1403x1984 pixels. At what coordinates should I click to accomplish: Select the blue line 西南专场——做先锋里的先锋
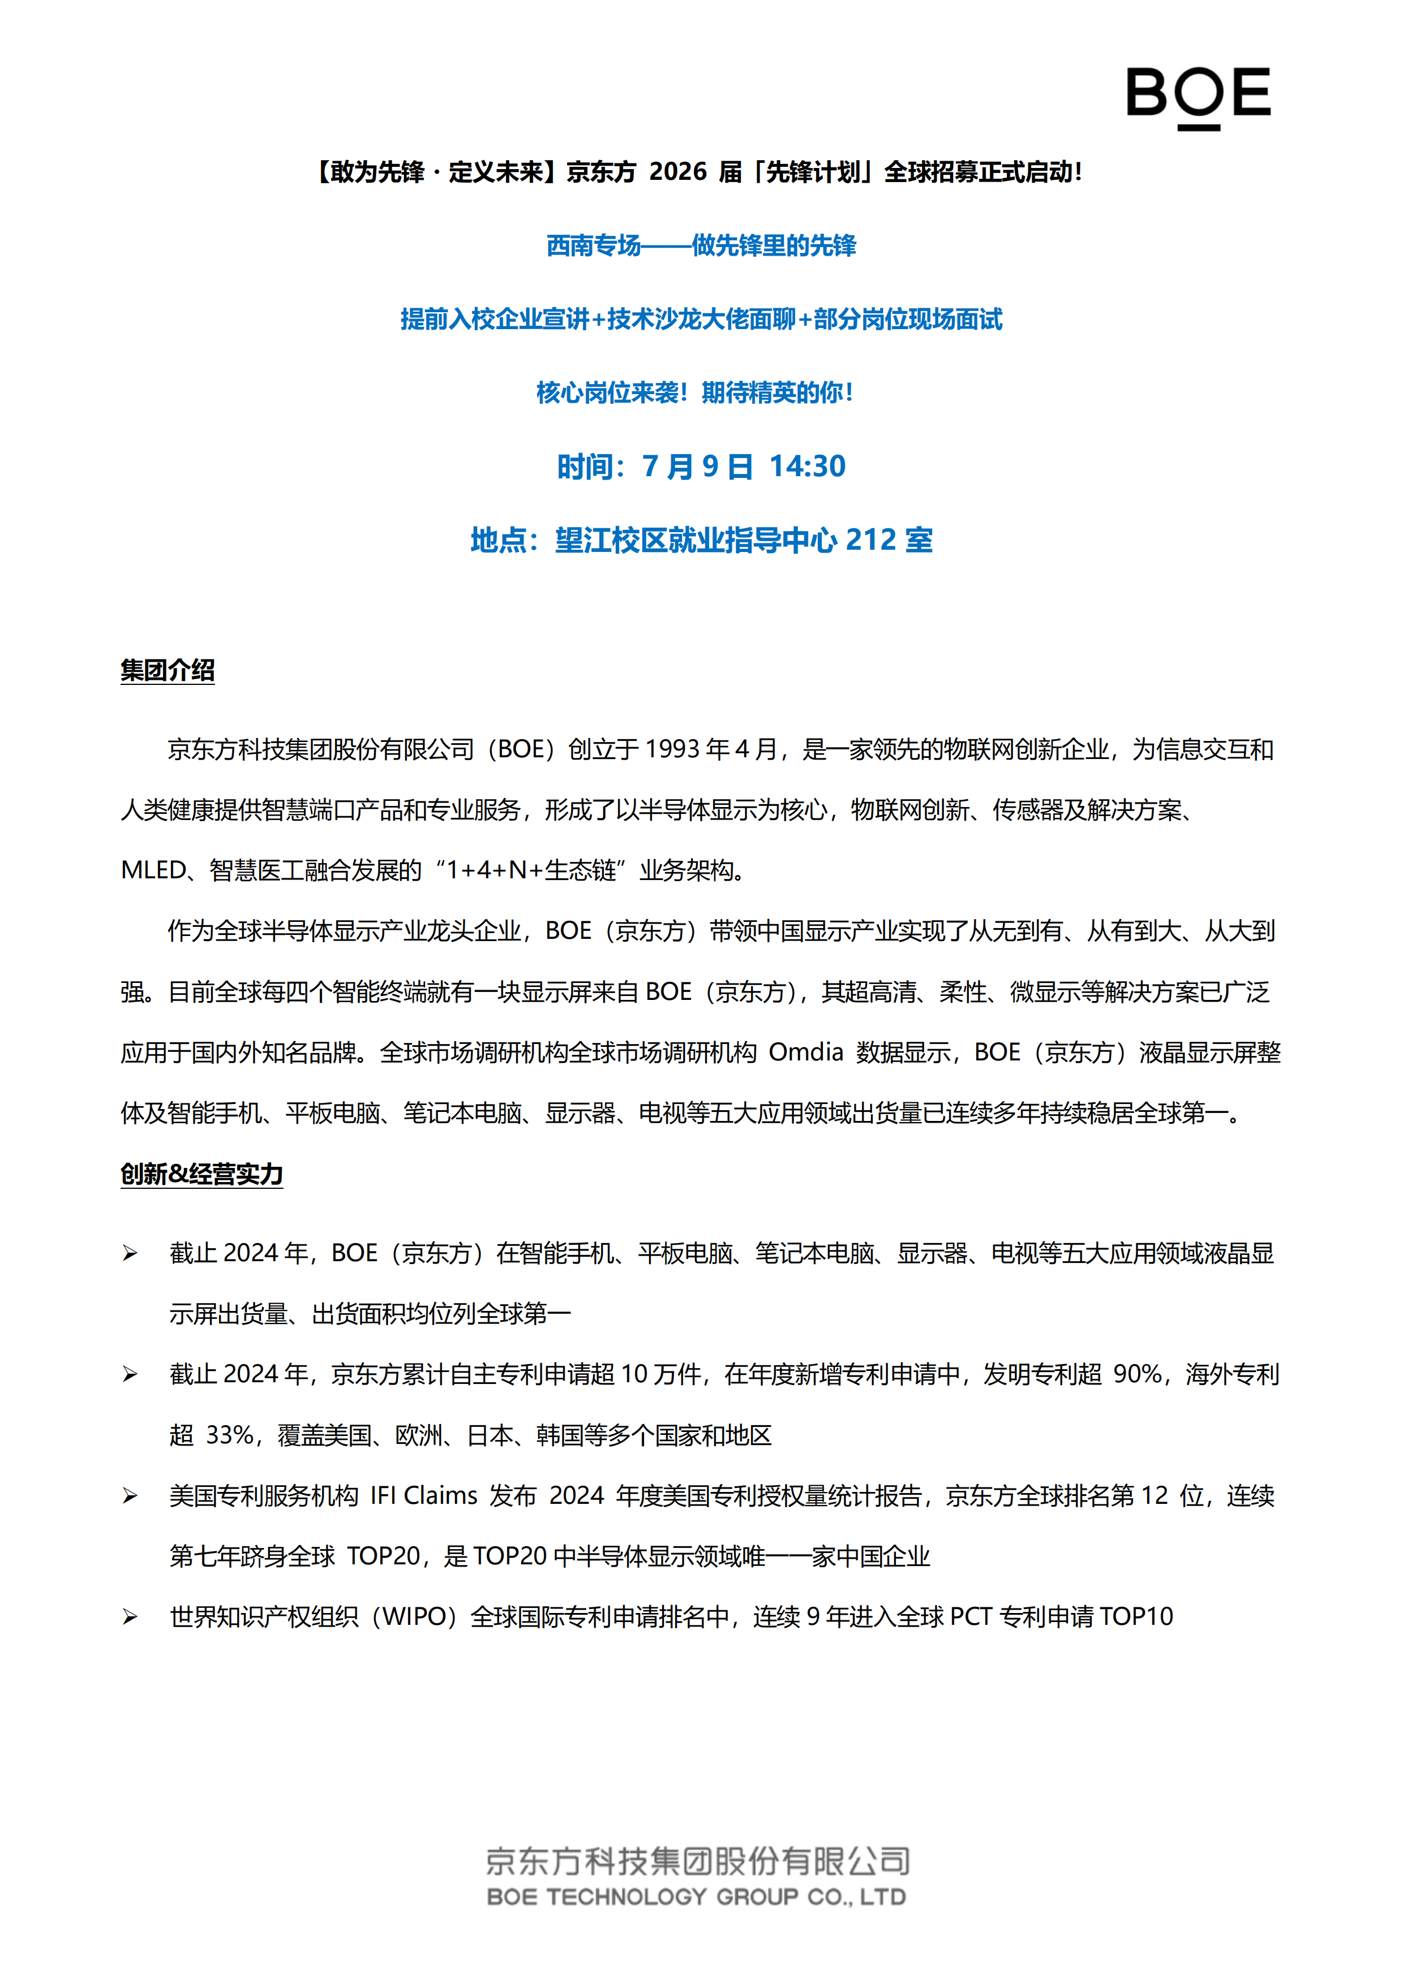tap(701, 246)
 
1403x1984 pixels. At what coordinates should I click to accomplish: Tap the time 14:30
tap(808, 467)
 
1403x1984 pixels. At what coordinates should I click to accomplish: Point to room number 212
tap(870, 540)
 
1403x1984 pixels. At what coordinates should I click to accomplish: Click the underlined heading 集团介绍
tap(168, 671)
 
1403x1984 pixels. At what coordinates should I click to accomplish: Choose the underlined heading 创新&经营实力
tap(201, 1174)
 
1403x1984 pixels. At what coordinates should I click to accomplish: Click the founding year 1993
tap(672, 749)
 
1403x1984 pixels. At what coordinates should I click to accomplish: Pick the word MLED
tap(153, 870)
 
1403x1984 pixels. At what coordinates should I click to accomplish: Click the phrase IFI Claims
tap(423, 1496)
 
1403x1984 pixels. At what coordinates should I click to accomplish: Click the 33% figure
tap(230, 1435)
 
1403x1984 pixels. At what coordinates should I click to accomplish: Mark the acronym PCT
tap(970, 1617)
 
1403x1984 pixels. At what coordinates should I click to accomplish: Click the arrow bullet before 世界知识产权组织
tap(130, 1617)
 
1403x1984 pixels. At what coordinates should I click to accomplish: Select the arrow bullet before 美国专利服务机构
tap(130, 1496)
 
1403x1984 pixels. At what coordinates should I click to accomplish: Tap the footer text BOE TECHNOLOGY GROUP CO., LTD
tap(697, 1897)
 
